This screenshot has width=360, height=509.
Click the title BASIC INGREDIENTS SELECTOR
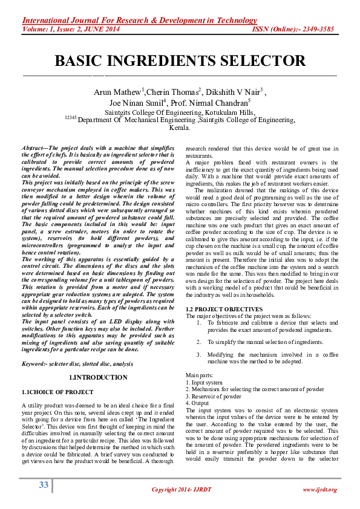pos(180,61)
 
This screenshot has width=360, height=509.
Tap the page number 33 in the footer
pos(43,485)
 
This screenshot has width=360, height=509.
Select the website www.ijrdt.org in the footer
pos(319,489)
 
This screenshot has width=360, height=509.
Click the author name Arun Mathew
pos(117,92)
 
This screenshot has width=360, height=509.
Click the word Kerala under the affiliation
pos(180,128)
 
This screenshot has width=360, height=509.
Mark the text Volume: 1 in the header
pos(38,28)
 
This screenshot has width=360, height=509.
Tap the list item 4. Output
pos(199,403)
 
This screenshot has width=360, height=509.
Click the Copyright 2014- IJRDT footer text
pos(180,489)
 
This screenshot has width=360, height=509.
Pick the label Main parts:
pos(199,376)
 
